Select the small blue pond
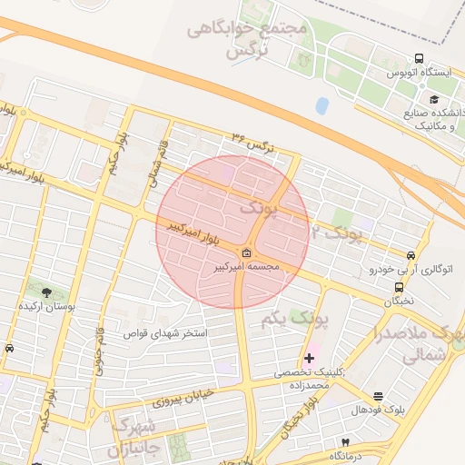(322, 105)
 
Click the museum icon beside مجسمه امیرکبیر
(247, 252)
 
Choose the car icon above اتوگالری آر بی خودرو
(412, 256)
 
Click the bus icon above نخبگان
(396, 286)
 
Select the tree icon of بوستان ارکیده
(46, 292)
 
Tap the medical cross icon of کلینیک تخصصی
(310, 359)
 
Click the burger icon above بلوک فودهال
(378, 396)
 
